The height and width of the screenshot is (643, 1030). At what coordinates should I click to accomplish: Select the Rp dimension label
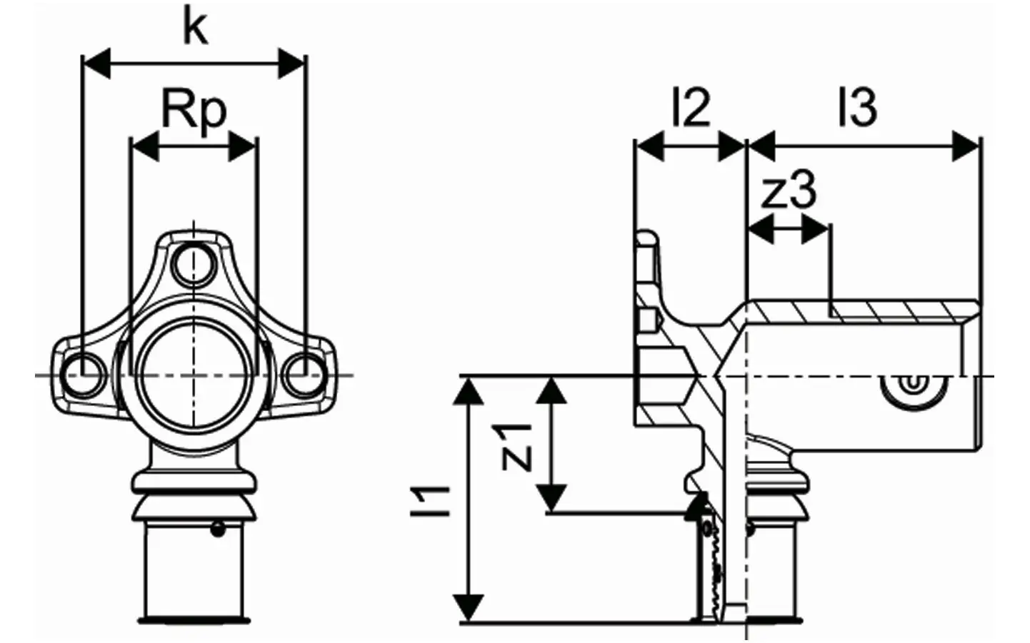(x=194, y=113)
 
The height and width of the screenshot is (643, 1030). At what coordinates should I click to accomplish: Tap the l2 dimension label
(x=691, y=108)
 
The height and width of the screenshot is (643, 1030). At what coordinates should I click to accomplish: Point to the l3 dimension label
(x=858, y=108)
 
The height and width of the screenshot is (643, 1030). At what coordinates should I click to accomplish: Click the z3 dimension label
(x=789, y=190)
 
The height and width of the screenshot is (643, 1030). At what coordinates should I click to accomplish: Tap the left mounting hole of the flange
(x=84, y=375)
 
